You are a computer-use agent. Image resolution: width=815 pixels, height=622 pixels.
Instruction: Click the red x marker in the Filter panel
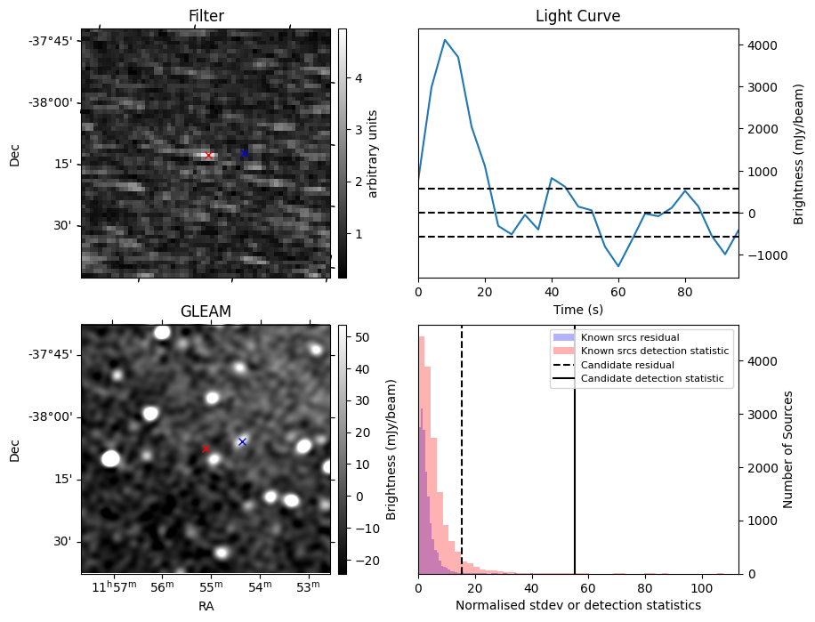[x=209, y=155]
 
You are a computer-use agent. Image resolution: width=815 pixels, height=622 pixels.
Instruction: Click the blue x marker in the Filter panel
[x=244, y=153]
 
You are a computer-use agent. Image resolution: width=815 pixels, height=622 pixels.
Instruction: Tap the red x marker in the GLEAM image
[x=206, y=448]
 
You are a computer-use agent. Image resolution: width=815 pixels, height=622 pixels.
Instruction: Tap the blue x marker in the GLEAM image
[x=242, y=441]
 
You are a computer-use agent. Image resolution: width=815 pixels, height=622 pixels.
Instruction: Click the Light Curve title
[x=577, y=16]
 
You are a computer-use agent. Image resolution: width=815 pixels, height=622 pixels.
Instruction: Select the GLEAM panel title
[x=206, y=311]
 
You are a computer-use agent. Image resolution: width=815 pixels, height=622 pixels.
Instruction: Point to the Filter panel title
[x=206, y=16]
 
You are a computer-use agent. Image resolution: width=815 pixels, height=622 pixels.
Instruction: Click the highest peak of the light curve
[x=445, y=40]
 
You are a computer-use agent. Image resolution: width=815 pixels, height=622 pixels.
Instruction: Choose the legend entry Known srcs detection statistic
[x=654, y=351]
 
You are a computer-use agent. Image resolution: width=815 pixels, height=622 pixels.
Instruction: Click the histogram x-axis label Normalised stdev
[x=578, y=605]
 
